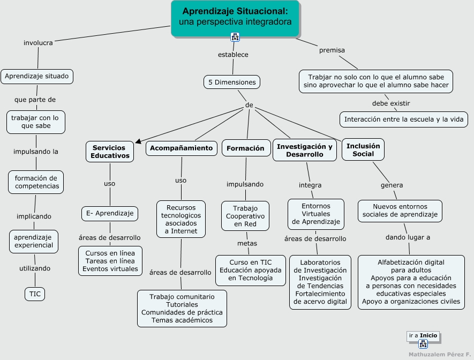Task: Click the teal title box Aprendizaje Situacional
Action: [x=235, y=17]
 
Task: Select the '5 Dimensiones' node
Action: [x=232, y=82]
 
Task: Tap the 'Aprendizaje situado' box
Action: [x=37, y=76]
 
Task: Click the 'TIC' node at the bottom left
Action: [x=35, y=294]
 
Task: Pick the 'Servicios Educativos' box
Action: [x=110, y=152]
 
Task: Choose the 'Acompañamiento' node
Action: [x=181, y=148]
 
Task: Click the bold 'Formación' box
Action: [x=246, y=148]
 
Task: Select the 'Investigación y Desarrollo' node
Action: [x=305, y=150]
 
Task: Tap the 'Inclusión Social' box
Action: [x=363, y=150]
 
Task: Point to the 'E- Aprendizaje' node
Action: [x=110, y=213]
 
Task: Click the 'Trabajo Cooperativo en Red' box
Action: [x=245, y=216]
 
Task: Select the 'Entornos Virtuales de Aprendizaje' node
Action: [x=316, y=214]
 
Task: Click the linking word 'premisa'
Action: [x=332, y=50]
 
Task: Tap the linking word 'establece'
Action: [x=233, y=54]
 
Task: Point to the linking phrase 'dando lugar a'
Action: [x=408, y=237]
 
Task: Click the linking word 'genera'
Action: [x=392, y=185]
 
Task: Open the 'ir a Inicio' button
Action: [x=423, y=336]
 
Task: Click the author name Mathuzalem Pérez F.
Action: [x=439, y=354]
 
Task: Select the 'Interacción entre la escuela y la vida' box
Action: [x=404, y=119]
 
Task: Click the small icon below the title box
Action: [x=235, y=37]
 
